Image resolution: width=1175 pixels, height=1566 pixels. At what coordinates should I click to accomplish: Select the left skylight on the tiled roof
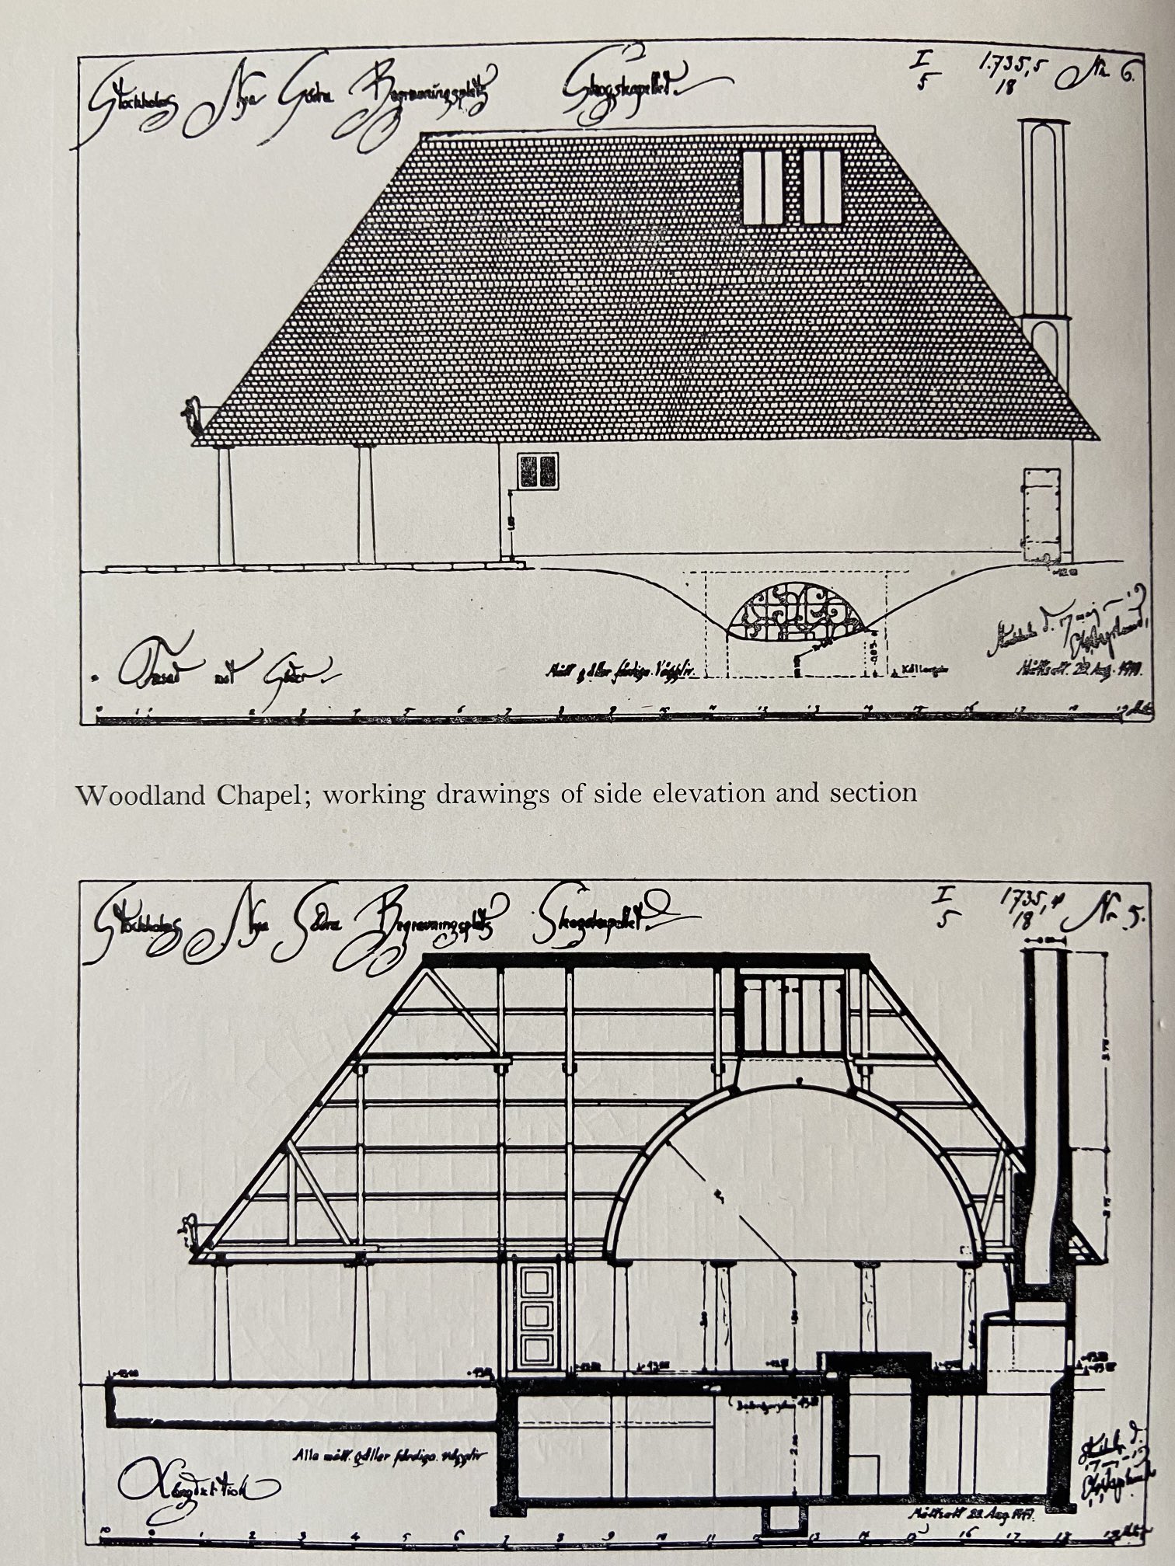click(761, 186)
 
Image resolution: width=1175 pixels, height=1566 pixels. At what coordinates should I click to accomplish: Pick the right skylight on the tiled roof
click(822, 186)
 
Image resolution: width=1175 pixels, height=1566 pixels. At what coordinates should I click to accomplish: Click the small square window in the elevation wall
click(538, 471)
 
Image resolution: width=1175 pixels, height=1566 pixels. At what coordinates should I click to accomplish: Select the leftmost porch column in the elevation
click(225, 505)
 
